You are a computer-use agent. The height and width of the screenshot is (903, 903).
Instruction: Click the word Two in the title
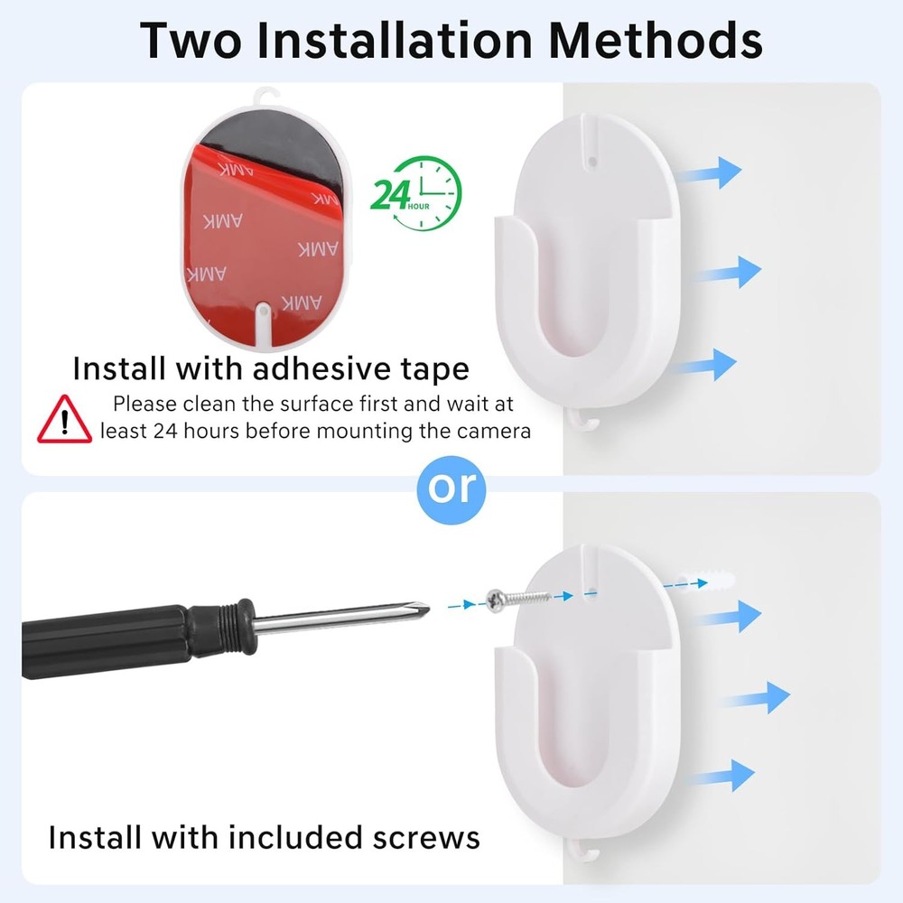point(193,41)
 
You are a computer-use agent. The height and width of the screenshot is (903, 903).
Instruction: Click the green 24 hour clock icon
point(416,192)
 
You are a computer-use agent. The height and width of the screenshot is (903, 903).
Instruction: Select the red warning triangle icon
point(64,420)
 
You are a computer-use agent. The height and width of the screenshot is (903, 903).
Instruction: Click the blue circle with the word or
point(451,488)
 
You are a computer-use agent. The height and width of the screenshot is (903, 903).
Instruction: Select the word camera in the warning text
point(489,431)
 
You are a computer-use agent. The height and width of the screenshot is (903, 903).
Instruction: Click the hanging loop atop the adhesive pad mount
point(265,95)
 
